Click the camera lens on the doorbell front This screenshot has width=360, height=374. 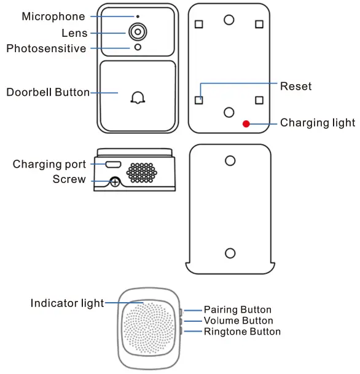click(137, 32)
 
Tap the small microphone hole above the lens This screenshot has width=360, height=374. click(137, 17)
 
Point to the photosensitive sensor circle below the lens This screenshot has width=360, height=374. click(137, 48)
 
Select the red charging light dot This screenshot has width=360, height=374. click(246, 123)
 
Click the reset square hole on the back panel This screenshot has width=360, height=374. click(198, 99)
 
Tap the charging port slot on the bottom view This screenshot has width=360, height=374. click(113, 165)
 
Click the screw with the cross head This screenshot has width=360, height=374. click(114, 182)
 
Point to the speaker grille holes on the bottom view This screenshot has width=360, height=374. click(142, 172)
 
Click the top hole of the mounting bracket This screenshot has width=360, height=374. click(230, 160)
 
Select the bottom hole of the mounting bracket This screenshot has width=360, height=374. click(230, 252)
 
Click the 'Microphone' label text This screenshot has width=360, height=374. click(53, 17)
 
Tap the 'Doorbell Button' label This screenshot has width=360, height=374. click(48, 93)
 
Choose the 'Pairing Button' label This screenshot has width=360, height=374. click(237, 310)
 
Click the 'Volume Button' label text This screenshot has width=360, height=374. click(238, 321)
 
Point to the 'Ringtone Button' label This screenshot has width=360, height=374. click(242, 332)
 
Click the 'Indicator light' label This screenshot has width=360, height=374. click(67, 303)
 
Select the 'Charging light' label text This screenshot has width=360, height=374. click(317, 123)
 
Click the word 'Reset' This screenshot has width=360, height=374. click(295, 86)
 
